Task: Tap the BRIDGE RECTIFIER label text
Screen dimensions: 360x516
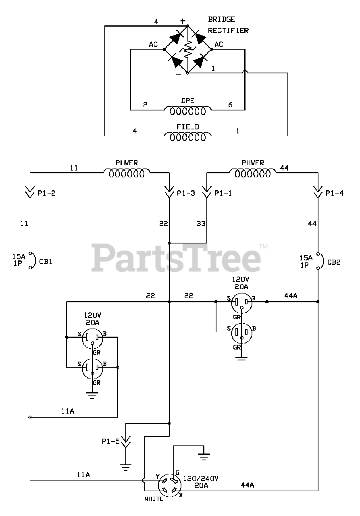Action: coord(228,25)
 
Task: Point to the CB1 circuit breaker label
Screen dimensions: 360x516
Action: coord(46,262)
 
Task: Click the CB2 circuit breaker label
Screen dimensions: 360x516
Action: coord(334,262)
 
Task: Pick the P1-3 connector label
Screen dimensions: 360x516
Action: coord(186,193)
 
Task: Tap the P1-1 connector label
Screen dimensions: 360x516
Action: coord(223,193)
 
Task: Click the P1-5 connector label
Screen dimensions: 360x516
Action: coord(110,441)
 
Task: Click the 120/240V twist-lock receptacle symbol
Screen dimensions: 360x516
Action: coord(170,485)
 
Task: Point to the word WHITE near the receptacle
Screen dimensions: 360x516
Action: coord(154,499)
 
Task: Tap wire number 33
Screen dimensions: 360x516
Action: coord(200,223)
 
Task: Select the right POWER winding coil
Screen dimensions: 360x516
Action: coord(253,174)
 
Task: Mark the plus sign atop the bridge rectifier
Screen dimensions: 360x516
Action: coord(183,21)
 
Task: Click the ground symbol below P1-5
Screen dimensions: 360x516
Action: coord(126,468)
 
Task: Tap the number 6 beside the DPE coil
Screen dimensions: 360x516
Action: coord(231,105)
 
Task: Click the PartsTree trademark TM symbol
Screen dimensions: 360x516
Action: coord(263,246)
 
